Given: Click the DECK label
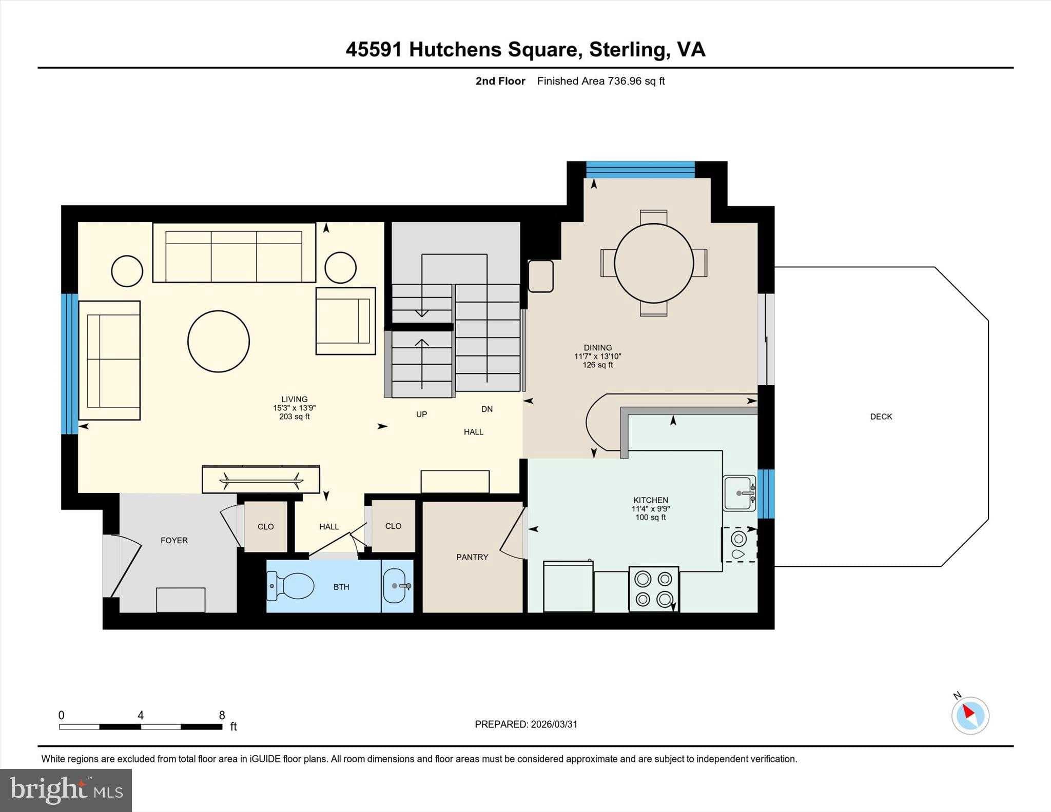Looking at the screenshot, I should (881, 417).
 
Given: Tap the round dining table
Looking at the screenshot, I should (654, 263).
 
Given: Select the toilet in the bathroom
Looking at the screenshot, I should (291, 586).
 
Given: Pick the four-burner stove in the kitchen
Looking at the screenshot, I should (654, 588).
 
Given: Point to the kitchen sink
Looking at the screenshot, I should (739, 493).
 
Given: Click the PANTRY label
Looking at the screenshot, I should (472, 557).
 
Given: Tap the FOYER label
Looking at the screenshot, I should (174, 540).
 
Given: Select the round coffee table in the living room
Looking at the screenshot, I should (219, 341).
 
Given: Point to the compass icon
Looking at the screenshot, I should (970, 715).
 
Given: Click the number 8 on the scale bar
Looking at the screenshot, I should (222, 715).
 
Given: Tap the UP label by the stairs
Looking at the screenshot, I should (421, 414).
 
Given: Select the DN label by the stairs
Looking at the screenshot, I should (487, 409).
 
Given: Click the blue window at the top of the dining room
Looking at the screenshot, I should (640, 169).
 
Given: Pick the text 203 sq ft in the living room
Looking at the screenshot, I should (294, 417).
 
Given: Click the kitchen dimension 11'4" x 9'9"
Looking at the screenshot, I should (650, 509).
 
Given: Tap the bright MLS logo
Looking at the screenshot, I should (66, 790).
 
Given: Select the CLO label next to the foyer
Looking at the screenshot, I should (265, 527).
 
